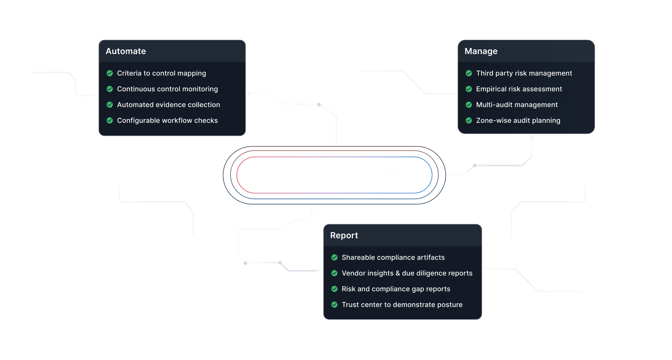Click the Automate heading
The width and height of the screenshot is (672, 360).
point(126,51)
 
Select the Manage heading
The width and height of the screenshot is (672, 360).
point(481,51)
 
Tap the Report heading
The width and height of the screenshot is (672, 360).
point(344,235)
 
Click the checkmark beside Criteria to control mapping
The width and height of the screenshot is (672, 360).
point(110,73)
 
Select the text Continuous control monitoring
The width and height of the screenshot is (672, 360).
point(167,89)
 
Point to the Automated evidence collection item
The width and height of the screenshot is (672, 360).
point(168,105)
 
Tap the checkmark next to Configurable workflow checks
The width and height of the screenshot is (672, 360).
point(110,120)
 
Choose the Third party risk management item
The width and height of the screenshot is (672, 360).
point(524,73)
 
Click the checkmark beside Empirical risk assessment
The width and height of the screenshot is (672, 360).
point(469,89)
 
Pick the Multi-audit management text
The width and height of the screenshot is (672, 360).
point(517,105)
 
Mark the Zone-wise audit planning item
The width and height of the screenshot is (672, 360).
point(518,120)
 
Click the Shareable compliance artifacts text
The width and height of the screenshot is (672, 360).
point(393,257)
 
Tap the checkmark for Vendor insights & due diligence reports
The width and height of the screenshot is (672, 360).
point(334,273)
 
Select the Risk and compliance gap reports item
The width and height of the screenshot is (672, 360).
point(396,289)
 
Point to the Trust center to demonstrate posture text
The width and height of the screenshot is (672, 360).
point(402,305)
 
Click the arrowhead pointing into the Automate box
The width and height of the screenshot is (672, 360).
point(248,93)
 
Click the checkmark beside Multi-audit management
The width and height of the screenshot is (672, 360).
point(469,105)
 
